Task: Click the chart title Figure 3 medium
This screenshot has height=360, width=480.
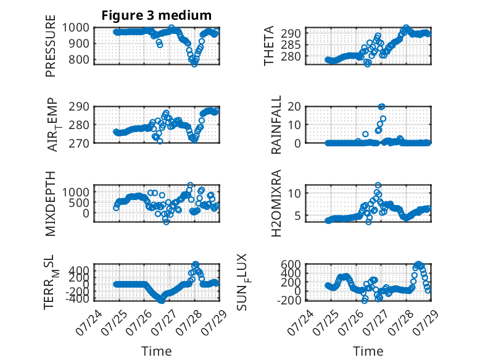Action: (157, 15)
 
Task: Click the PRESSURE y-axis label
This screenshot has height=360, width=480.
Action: (51, 46)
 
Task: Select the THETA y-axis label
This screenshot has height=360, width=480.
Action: (269, 46)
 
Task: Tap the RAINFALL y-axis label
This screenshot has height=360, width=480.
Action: (276, 125)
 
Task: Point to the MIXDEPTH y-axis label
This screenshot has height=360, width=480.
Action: (51, 204)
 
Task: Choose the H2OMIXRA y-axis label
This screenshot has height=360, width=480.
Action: (276, 203)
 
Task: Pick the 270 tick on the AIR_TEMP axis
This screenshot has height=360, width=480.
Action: (79, 143)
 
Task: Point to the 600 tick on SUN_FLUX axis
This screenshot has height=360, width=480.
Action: (291, 264)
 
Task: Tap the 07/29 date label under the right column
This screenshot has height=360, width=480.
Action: (426, 322)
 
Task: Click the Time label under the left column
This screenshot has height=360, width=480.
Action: (157, 351)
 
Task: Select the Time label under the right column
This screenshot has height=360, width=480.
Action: (368, 351)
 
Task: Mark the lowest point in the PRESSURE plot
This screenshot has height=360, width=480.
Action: (194, 64)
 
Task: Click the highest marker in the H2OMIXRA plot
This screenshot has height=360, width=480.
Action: (378, 185)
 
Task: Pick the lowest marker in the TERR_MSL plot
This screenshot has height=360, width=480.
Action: (161, 301)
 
